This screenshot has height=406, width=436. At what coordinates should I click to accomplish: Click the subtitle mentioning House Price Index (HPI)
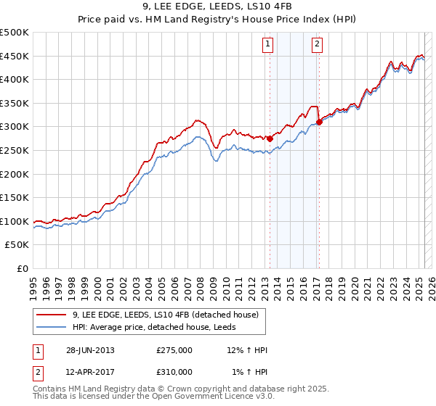point(218,20)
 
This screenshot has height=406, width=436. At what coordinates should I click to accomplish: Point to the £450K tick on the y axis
point(15,56)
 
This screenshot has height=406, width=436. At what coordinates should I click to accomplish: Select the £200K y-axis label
point(15,174)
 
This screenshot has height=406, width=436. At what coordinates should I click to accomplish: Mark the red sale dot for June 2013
point(270,138)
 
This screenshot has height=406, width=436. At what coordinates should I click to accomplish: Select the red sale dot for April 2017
point(319,122)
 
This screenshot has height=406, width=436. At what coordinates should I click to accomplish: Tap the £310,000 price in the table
point(174,371)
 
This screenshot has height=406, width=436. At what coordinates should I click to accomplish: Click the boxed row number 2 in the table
point(37,371)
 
